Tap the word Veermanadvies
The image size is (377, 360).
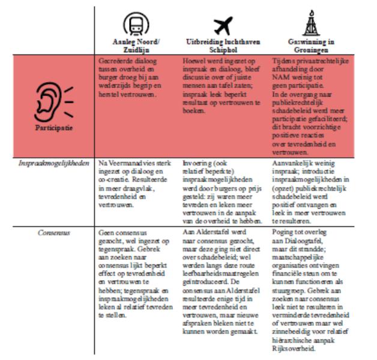tap(129, 163)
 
